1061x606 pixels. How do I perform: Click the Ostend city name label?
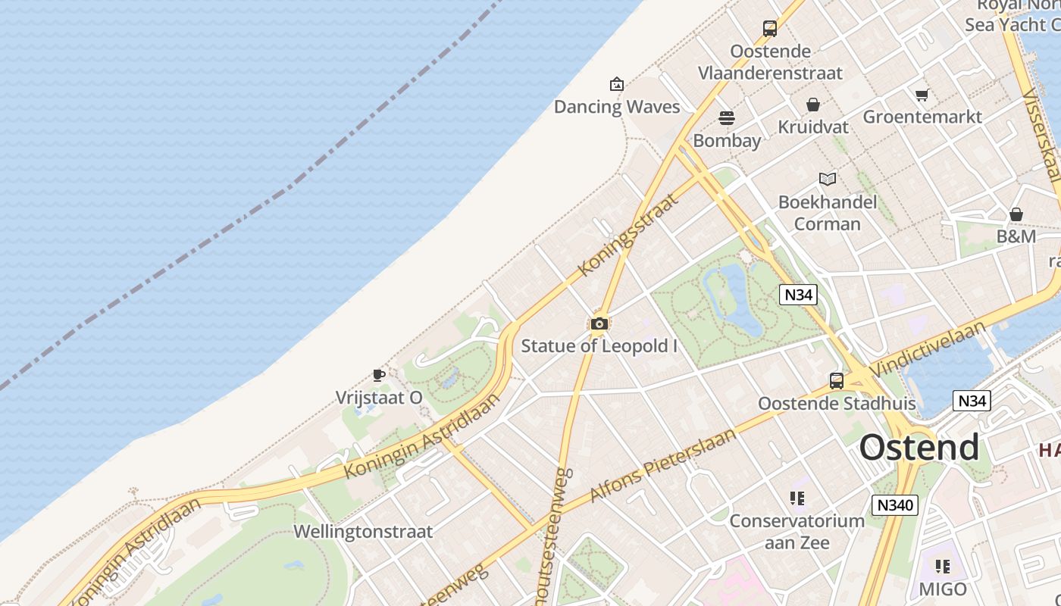pyautogui.click(x=919, y=448)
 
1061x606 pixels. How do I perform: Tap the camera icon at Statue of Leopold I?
pyautogui.click(x=599, y=324)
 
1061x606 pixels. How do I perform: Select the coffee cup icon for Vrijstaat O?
pyautogui.click(x=379, y=375)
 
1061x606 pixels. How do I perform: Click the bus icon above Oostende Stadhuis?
pyautogui.click(x=837, y=381)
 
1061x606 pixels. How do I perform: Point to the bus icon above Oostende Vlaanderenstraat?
pyautogui.click(x=770, y=29)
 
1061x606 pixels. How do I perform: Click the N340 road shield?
pyautogui.click(x=894, y=505)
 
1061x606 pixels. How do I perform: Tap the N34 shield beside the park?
pyautogui.click(x=798, y=294)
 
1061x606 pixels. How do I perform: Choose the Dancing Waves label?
pyautogui.click(x=617, y=107)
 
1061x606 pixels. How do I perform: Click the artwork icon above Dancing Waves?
pyautogui.click(x=617, y=84)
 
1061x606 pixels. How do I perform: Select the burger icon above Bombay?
pyautogui.click(x=726, y=118)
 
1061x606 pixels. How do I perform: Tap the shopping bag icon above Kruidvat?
pyautogui.click(x=813, y=105)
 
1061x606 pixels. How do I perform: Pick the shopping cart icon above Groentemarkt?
pyautogui.click(x=922, y=95)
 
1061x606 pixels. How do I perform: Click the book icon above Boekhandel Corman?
pyautogui.click(x=828, y=180)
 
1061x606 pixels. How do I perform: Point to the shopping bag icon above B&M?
pyautogui.click(x=1016, y=215)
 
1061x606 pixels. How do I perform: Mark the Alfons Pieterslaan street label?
pyautogui.click(x=662, y=464)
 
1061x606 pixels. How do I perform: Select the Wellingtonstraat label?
pyautogui.click(x=363, y=532)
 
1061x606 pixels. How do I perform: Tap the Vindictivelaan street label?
pyautogui.click(x=929, y=348)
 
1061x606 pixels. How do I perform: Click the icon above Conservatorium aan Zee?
pyautogui.click(x=797, y=498)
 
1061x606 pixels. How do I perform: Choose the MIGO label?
pyautogui.click(x=943, y=589)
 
